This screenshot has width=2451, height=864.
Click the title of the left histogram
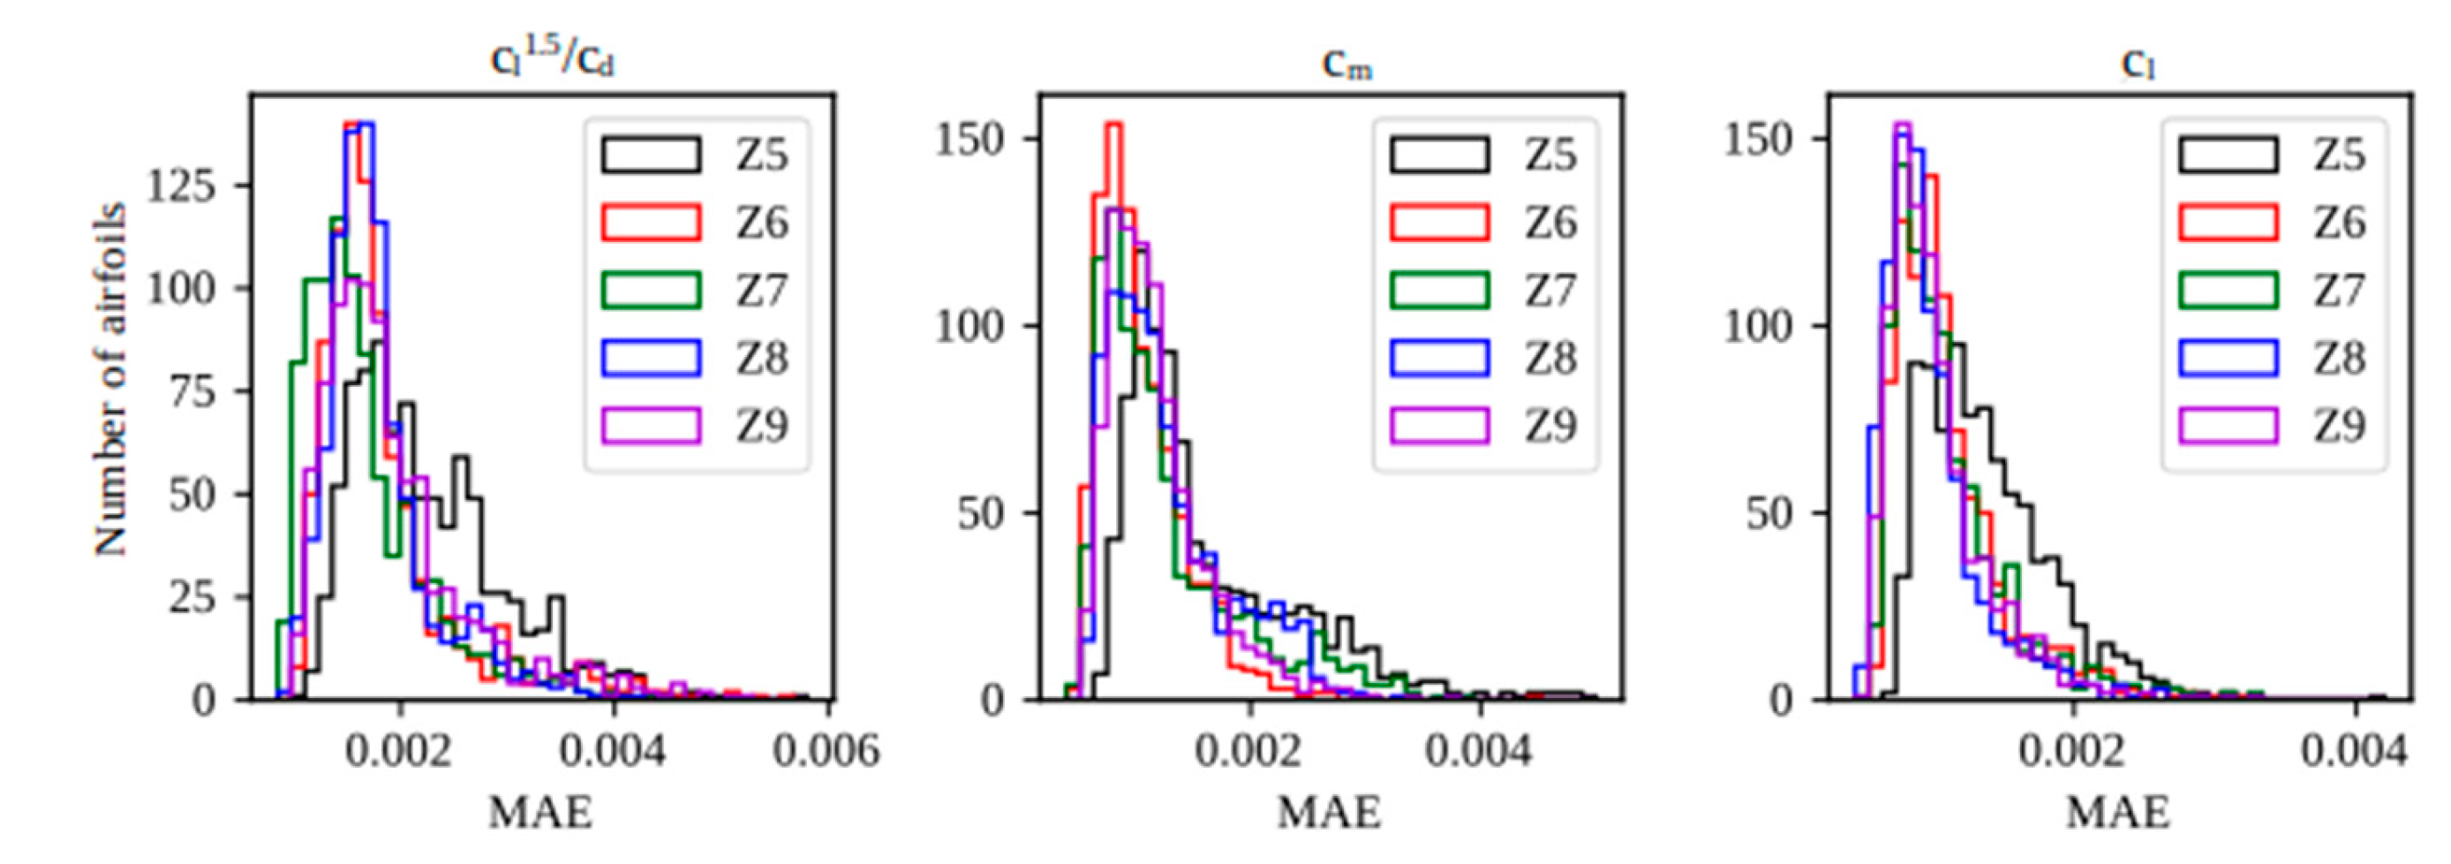tap(552, 59)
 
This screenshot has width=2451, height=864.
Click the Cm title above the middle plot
tap(1346, 64)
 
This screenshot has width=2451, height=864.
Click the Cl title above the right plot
tap(2137, 64)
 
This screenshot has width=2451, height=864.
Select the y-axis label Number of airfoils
tap(111, 379)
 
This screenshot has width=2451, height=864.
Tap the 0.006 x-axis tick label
tap(826, 752)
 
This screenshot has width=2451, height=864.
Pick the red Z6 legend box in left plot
tap(651, 222)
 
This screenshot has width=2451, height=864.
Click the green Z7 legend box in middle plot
tap(1439, 289)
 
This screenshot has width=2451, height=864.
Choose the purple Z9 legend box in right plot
tap(2229, 424)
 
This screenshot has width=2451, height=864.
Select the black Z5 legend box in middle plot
tap(1439, 154)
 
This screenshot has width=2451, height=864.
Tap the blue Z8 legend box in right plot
tap(2229, 357)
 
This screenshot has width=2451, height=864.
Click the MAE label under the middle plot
tap(1329, 814)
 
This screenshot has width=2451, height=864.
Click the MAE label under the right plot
tap(2118, 814)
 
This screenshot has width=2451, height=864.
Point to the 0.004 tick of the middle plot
tap(1478, 752)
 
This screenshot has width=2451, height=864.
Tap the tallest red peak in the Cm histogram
tap(1114, 125)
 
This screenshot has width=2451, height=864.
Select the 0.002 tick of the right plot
tap(2071, 752)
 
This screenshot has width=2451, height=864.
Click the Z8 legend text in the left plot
tap(761, 358)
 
